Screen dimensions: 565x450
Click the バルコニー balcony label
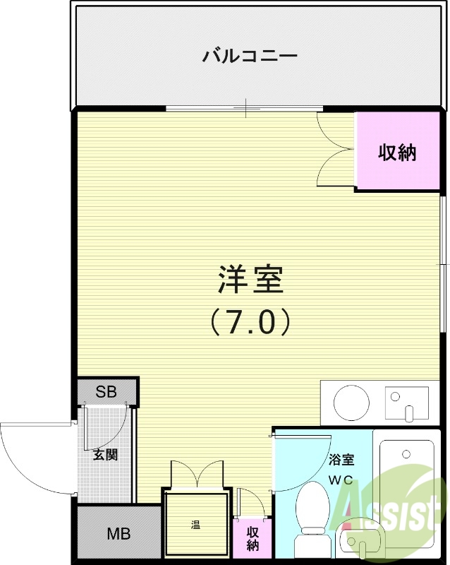(x=250, y=55)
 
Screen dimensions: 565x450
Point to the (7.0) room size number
(x=250, y=322)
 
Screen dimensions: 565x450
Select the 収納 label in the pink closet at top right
(x=398, y=152)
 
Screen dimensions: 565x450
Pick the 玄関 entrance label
(x=105, y=454)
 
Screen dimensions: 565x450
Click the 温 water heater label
(x=195, y=525)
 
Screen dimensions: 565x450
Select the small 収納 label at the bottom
(x=253, y=540)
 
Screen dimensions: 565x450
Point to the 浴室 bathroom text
(x=341, y=460)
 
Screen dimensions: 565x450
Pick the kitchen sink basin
(x=406, y=403)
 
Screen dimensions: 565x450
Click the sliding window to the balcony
(x=244, y=108)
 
